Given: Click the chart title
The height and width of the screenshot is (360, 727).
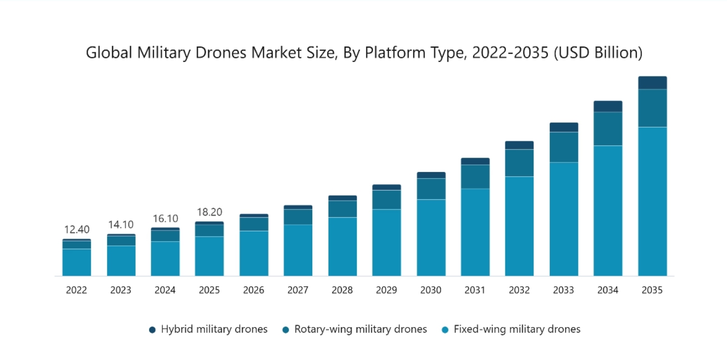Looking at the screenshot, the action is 364,53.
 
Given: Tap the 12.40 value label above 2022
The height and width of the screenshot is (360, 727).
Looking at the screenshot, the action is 77,229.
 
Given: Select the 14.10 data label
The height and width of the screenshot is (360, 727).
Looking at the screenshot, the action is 121,224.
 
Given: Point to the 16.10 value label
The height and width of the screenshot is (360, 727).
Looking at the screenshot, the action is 165,219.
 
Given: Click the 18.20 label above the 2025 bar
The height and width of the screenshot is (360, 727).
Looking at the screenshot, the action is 210,212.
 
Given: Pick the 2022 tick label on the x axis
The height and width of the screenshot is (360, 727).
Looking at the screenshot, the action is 77,290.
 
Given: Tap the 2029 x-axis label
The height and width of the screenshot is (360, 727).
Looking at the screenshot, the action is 387,290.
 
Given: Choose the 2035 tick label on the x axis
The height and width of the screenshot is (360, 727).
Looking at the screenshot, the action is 652,290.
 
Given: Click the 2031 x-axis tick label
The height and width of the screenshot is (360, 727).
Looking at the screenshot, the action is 475,290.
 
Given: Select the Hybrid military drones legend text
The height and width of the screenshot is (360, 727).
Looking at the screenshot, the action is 214,329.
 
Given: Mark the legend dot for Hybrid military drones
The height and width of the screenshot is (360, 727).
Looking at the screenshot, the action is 152,330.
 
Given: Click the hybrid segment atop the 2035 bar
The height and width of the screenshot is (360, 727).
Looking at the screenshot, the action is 653,83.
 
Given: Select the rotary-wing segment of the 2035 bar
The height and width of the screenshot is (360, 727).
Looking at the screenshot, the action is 653,108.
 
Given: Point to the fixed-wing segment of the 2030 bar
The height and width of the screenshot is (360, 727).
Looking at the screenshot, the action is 431,238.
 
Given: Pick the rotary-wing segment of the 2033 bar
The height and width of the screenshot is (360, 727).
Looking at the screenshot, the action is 564,147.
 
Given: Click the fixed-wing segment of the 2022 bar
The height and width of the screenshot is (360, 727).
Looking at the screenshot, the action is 77,262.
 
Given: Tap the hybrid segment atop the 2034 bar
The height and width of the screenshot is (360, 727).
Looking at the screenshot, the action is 608,107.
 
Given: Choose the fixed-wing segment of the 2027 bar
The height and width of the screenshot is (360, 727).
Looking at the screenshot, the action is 298,250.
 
